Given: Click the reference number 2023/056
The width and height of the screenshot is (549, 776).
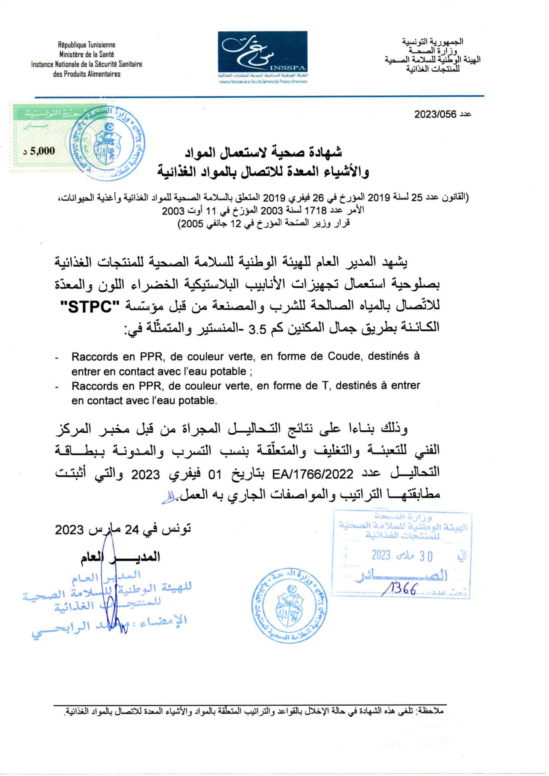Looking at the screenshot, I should [x=435, y=114].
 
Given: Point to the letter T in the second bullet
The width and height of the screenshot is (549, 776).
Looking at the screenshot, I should [x=325, y=385].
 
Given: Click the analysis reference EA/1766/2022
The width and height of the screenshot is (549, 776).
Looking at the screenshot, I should [x=313, y=474].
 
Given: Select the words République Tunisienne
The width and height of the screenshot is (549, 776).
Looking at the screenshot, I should [x=87, y=45].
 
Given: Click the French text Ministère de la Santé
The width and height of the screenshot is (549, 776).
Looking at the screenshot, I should [x=87, y=54].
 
